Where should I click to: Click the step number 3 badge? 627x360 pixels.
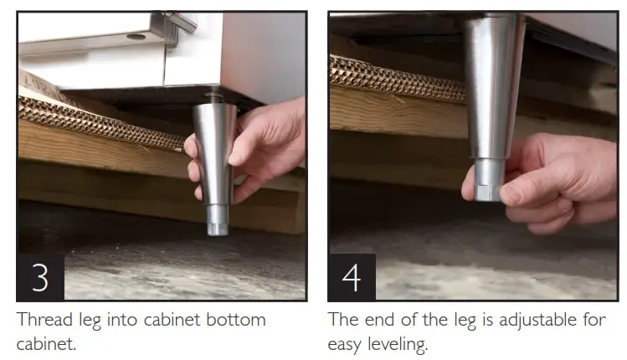[x=40, y=276]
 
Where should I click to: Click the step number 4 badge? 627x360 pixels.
[x=352, y=276]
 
